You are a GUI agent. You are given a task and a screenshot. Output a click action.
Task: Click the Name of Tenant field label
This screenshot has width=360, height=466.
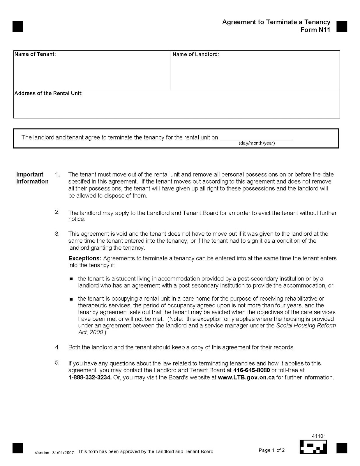35,54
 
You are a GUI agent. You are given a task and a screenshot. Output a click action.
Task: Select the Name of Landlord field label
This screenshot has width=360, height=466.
196,54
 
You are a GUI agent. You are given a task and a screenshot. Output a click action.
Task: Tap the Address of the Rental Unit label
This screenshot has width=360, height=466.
48,93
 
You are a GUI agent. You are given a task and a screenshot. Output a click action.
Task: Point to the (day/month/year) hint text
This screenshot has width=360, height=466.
257,143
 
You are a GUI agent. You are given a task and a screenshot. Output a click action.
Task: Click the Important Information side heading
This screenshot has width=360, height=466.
32,178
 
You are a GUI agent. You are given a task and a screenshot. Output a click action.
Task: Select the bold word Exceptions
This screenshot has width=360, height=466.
85,258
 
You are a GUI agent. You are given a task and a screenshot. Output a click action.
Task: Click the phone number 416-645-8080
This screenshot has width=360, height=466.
251,370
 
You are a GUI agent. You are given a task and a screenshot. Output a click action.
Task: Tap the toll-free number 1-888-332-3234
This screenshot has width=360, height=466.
90,377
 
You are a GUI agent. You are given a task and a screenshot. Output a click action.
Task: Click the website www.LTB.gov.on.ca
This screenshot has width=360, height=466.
246,377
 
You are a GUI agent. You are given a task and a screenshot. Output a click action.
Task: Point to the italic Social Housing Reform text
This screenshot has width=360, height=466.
306,326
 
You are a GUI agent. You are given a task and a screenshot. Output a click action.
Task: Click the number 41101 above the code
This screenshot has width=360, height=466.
319,436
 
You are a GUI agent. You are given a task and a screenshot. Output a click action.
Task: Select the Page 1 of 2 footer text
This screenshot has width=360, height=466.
271,450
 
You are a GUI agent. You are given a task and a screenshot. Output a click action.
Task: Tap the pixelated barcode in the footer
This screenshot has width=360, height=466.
313,447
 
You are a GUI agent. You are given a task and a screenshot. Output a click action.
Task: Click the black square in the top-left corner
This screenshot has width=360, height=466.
18,26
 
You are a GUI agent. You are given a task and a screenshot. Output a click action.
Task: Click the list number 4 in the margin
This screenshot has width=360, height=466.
57,347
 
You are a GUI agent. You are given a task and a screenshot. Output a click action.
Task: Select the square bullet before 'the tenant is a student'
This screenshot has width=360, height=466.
71,279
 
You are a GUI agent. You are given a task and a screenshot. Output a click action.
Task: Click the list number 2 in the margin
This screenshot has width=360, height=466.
57,212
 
